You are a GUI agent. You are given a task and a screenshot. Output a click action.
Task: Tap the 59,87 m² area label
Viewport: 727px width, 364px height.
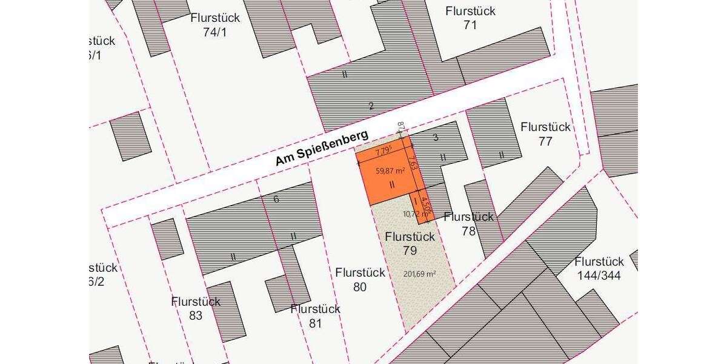[390, 171]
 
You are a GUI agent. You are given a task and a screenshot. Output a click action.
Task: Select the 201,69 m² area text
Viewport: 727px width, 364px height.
[420, 274]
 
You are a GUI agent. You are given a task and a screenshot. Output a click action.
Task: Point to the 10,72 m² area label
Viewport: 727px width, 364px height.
[415, 214]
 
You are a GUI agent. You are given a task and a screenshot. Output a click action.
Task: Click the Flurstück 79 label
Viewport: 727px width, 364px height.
[410, 243]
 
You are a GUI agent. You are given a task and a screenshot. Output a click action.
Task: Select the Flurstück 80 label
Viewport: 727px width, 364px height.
[360, 280]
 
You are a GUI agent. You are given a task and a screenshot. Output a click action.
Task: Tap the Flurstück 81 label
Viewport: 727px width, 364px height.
[315, 316]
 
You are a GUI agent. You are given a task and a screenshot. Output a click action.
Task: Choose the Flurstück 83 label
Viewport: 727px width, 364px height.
[196, 308]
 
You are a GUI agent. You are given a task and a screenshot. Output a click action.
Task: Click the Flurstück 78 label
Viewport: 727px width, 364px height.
[468, 224]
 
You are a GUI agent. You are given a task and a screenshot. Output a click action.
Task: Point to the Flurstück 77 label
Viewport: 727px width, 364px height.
[545, 134]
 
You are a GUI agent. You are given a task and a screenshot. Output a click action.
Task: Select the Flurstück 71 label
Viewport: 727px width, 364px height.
[470, 18]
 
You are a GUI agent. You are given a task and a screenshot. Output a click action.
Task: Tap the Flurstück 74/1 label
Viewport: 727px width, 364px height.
[215, 25]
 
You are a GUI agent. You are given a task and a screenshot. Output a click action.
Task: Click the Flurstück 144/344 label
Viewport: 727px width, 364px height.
[599, 269]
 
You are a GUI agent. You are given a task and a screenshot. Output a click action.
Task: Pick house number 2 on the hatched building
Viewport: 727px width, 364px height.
[371, 106]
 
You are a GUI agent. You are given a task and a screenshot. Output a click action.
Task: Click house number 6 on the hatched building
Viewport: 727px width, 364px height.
[276, 199]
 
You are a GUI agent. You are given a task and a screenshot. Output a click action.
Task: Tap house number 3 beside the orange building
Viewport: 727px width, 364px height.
[435, 138]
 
